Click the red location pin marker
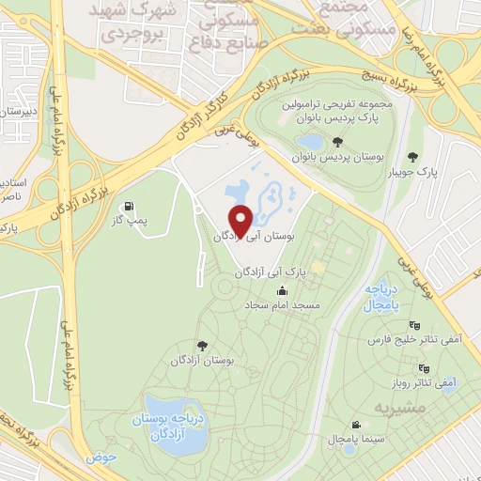point(240,220)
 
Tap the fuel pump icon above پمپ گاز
point(129,206)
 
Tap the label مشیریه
point(395,408)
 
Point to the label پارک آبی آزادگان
point(266,272)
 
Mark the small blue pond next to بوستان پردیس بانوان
point(310,143)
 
